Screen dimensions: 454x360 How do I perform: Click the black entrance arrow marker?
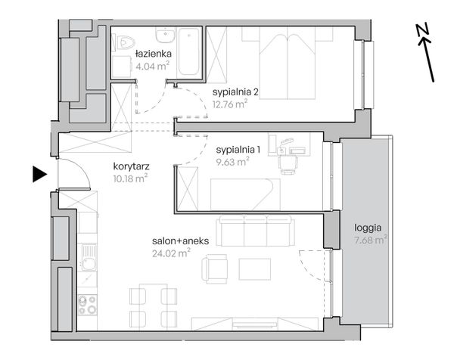point(39,174)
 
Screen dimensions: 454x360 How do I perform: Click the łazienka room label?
point(154,54)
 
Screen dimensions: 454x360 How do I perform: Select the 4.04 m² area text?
point(153,66)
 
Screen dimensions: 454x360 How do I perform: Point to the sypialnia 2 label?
point(235,92)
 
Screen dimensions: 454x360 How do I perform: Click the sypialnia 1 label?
point(238,150)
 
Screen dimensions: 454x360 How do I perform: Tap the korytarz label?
point(131,166)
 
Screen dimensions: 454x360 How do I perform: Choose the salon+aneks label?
point(180,241)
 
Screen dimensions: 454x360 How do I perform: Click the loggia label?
point(368,228)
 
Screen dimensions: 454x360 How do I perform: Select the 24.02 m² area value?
point(171,253)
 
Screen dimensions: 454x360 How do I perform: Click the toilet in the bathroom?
point(123,42)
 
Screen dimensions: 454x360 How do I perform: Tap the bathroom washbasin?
point(165,35)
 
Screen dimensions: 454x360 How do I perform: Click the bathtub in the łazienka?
point(188,51)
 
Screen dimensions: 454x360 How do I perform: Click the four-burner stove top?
point(88,305)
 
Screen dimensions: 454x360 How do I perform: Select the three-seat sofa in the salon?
point(256,231)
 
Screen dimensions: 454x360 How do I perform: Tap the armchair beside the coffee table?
point(215,269)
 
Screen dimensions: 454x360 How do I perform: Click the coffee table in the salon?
point(255,269)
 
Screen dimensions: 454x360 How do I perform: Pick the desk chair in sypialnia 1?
point(288,164)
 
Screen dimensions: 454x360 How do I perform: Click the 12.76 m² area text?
point(230,104)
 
